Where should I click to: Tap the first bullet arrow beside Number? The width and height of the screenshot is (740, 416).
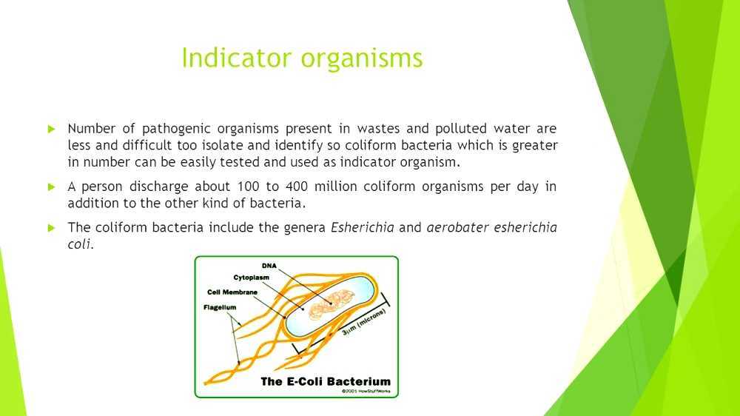[x=52, y=129]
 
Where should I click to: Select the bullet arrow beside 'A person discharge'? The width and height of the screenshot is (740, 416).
[x=52, y=187]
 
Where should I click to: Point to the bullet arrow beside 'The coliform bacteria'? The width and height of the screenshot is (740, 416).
[x=52, y=227]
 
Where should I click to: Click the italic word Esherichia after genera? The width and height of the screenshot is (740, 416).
[x=362, y=227]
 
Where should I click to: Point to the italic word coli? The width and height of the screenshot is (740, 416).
[x=79, y=244]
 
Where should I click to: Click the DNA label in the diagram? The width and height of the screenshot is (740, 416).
[x=270, y=265]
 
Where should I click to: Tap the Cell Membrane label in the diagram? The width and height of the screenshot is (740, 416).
[x=233, y=292]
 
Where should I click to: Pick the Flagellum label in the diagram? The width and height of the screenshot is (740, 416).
[x=220, y=306]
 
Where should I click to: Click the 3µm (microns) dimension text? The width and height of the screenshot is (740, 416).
[x=365, y=323]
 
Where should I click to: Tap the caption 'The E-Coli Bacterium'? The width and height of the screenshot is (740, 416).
[x=326, y=382]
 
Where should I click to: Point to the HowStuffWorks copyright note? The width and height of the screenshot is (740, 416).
[x=366, y=392]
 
